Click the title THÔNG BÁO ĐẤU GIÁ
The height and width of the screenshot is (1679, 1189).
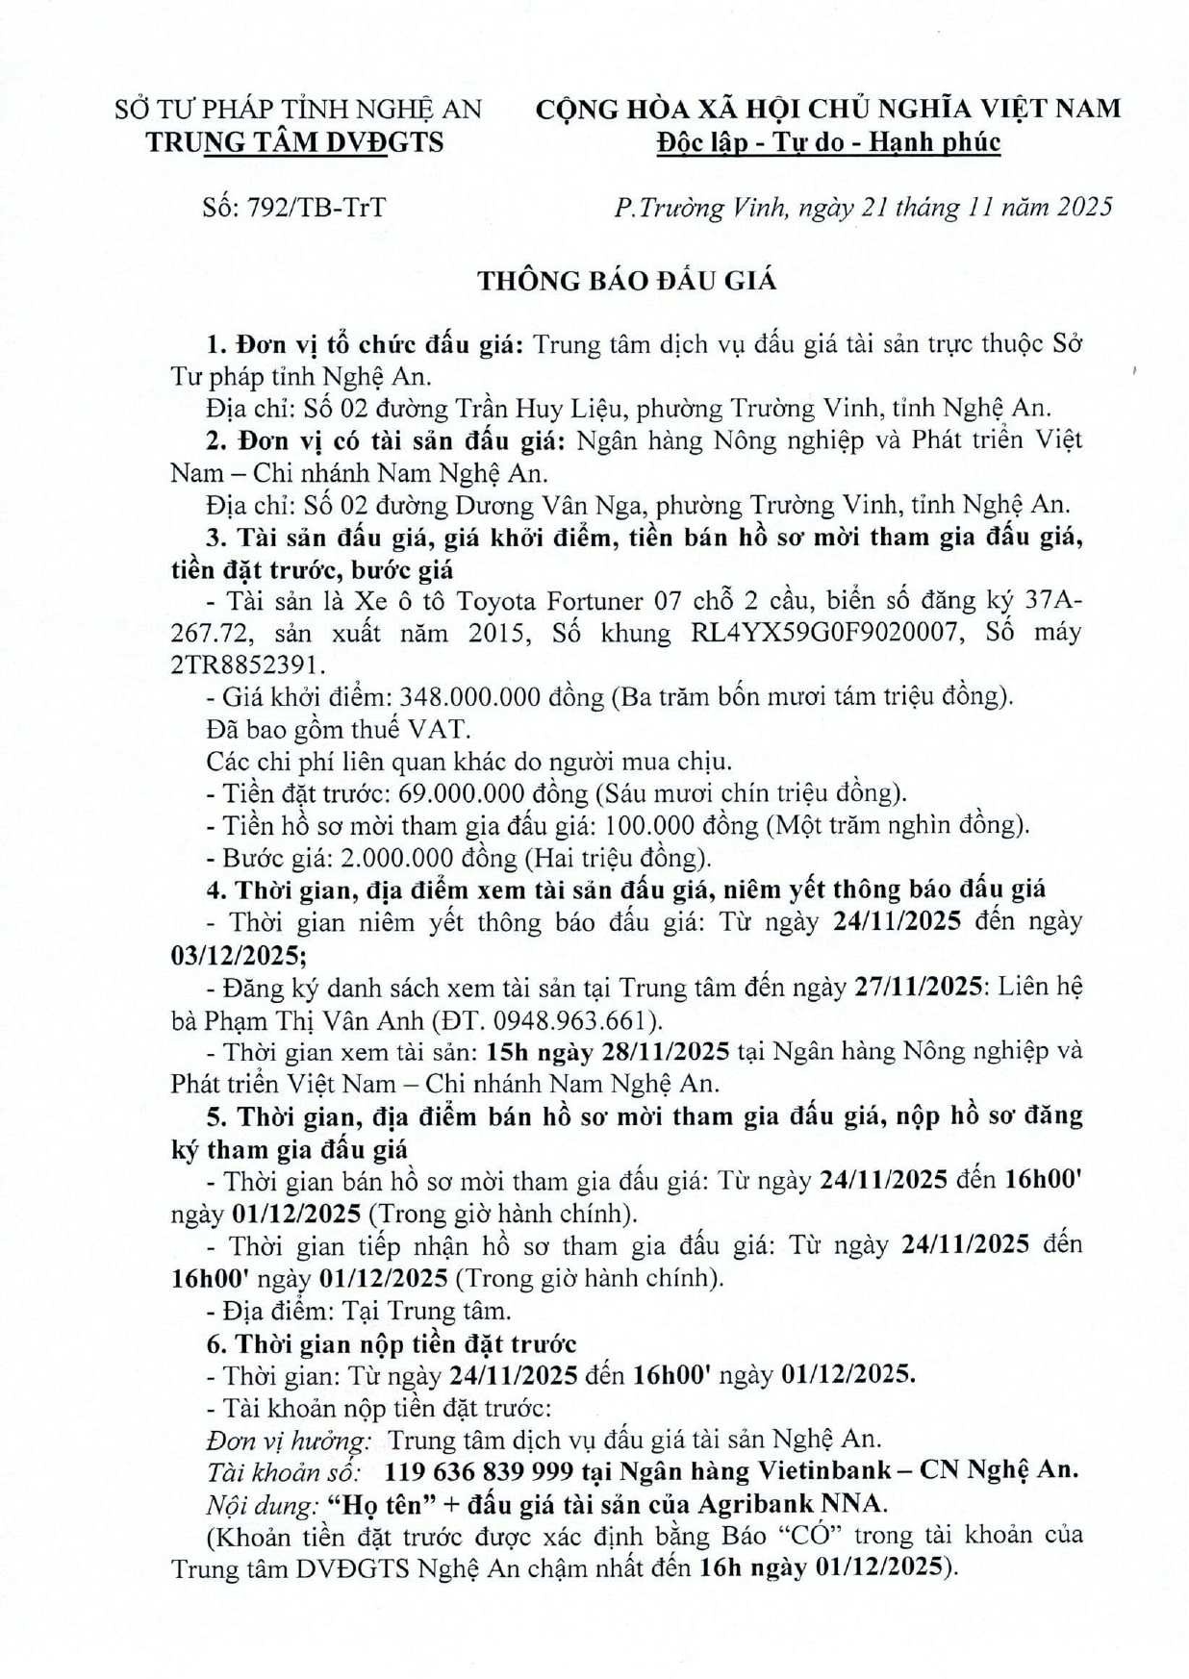click(x=627, y=281)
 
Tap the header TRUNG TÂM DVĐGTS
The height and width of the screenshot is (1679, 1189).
click(x=294, y=142)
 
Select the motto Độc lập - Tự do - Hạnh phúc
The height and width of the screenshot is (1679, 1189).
click(x=828, y=142)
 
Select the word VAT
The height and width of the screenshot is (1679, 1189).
click(x=435, y=729)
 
